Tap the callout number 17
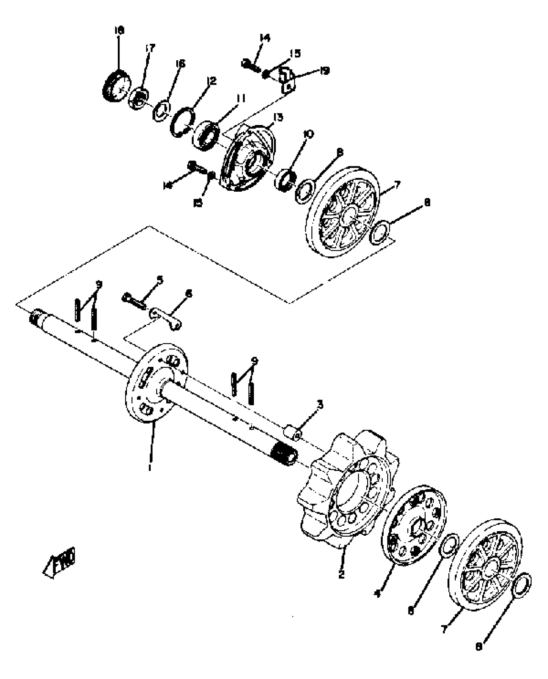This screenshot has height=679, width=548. pyautogui.click(x=150, y=48)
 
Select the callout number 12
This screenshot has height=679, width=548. pyautogui.click(x=211, y=81)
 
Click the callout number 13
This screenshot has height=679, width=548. pyautogui.click(x=278, y=117)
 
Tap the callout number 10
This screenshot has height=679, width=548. pyautogui.click(x=308, y=134)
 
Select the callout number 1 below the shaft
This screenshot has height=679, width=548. pyautogui.click(x=150, y=467)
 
